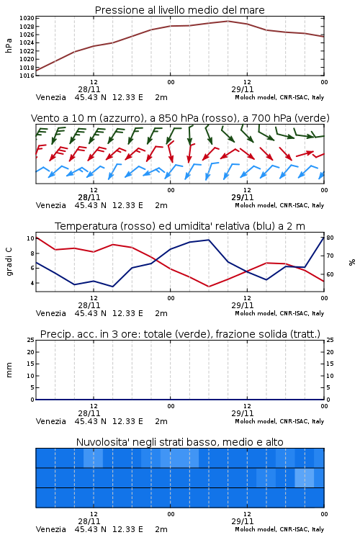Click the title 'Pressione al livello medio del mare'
pyautogui.click(x=179, y=10)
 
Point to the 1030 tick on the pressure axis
pyautogui.click(x=27, y=18)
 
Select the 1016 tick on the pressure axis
pyautogui.click(x=27, y=76)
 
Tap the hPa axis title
pyautogui.click(x=9, y=45)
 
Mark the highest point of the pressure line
pyautogui.click(x=228, y=21)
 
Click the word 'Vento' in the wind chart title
pyautogui.click(x=44, y=118)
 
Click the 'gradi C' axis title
pyautogui.click(x=9, y=262)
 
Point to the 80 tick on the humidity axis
pyautogui.click(x=330, y=238)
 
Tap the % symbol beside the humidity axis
pyautogui.click(x=352, y=262)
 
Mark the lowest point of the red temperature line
pyautogui.click(x=208, y=287)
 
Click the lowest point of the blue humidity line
pyautogui.click(x=112, y=287)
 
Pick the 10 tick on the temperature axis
pyautogui.click(x=30, y=238)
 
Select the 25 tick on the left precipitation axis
pyautogui.click(x=31, y=340)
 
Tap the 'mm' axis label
pyautogui.click(x=9, y=370)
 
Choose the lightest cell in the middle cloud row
pyautogui.click(x=305, y=477)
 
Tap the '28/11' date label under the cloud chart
pyautogui.click(x=89, y=521)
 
